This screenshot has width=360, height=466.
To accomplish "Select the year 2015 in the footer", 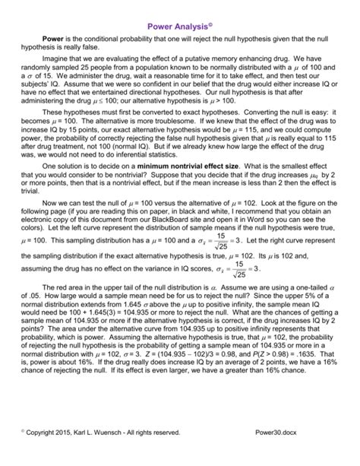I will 71,454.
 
